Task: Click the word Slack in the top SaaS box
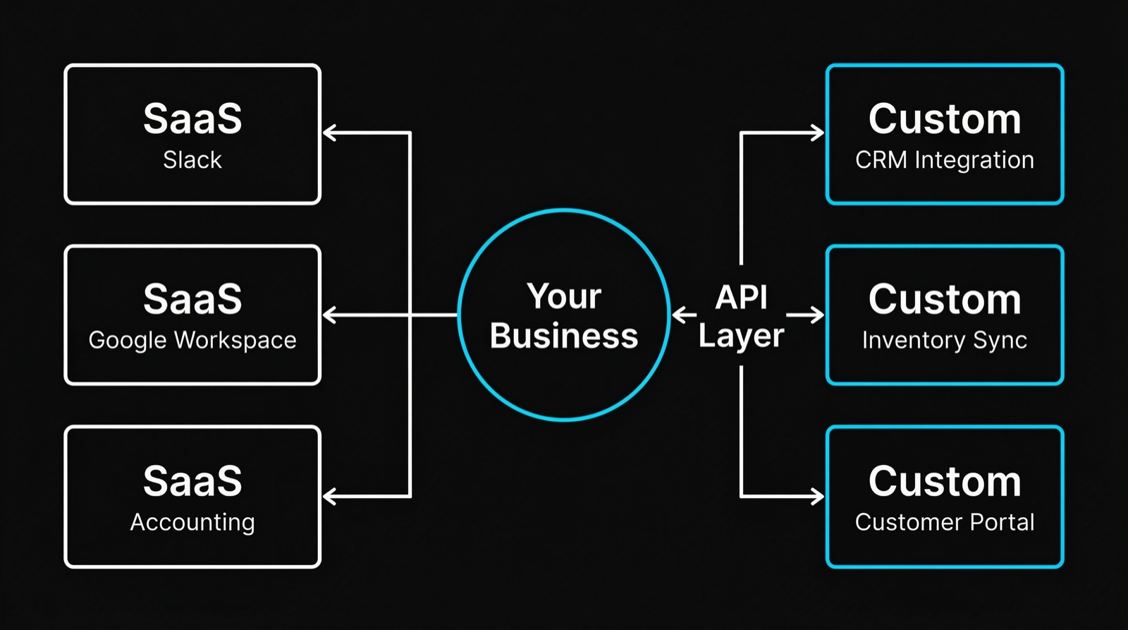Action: pos(192,160)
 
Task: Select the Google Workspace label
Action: pos(192,340)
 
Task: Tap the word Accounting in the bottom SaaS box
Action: pos(192,522)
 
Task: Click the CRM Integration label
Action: pos(945,160)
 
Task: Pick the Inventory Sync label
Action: pos(945,340)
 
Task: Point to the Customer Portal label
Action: pos(945,522)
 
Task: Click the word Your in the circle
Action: pos(564,296)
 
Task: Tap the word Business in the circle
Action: pos(564,336)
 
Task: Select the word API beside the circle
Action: pos(741,297)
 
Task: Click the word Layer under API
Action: pos(741,336)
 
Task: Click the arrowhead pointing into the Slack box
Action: pos(329,133)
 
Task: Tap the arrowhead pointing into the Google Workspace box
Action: pos(329,315)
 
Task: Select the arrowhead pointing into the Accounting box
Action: pos(329,497)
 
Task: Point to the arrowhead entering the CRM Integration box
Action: pos(819,133)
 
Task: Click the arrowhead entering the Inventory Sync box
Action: pos(819,315)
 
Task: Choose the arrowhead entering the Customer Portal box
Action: pos(819,497)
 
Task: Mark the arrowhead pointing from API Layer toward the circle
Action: pos(678,315)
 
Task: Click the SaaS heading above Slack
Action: pos(192,119)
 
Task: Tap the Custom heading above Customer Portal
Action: pos(945,481)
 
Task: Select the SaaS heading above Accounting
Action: pos(192,481)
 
